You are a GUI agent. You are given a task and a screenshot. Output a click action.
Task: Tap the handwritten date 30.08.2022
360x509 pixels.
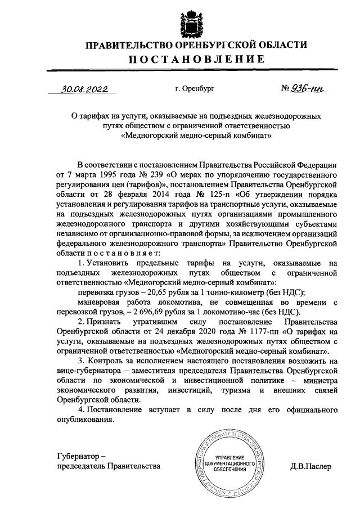point(85,88)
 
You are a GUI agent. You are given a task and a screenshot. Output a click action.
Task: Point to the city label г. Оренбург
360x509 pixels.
point(195,89)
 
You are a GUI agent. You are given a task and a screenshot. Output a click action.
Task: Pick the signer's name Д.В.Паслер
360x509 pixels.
point(311,466)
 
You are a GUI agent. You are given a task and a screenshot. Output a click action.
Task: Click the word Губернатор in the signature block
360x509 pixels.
point(78,456)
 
